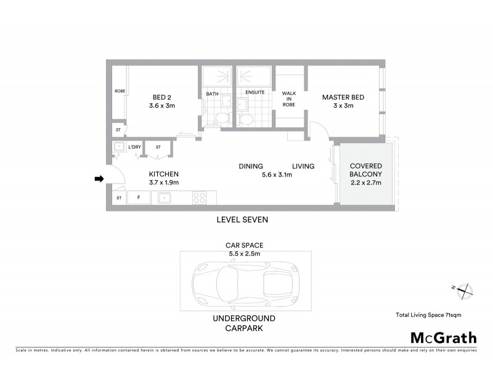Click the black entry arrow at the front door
tap(98, 179)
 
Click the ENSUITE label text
tap(255, 92)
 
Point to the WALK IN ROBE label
tap(289, 99)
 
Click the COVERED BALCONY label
tap(366, 174)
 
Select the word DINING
tap(251, 166)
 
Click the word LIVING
tap(303, 166)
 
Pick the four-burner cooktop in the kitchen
tap(200, 198)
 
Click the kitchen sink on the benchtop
tap(165, 198)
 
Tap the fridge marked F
tap(139, 198)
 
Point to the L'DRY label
tap(134, 147)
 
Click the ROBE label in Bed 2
tap(120, 91)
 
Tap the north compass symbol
tap(463, 290)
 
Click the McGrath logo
tap(443, 337)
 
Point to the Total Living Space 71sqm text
tap(428, 315)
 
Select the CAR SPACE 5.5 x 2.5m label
tap(244, 249)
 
